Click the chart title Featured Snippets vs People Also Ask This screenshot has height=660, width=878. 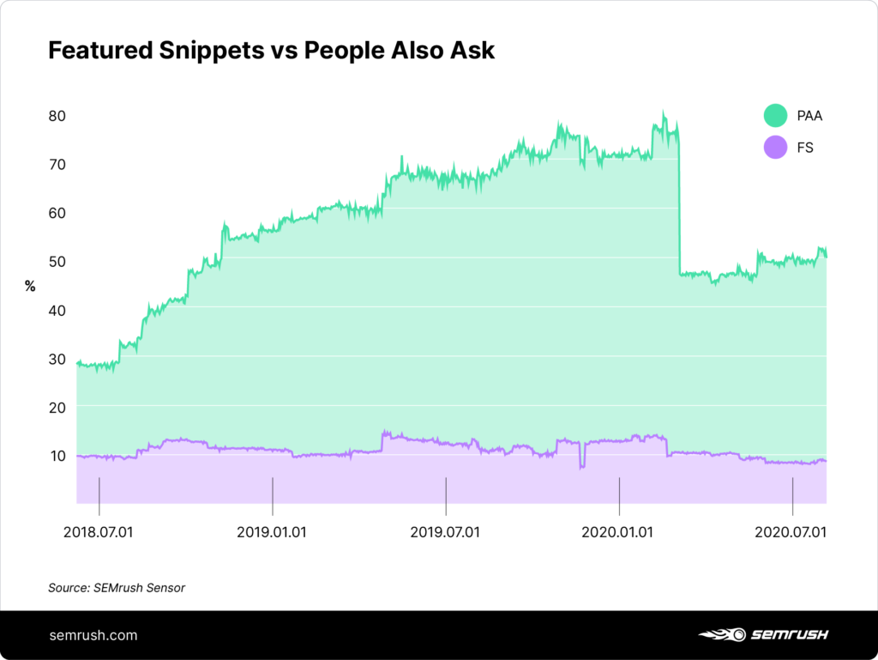click(271, 50)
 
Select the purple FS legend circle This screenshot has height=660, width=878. click(775, 148)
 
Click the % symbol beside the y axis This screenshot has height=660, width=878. click(30, 287)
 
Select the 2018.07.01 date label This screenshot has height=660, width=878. click(99, 532)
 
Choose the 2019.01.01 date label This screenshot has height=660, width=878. click(272, 532)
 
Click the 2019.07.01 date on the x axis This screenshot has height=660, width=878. click(445, 532)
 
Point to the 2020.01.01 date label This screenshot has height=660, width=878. click(618, 532)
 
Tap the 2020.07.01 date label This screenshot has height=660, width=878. click(791, 532)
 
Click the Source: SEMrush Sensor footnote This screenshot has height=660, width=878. click(117, 588)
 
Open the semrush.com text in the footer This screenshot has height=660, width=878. click(93, 636)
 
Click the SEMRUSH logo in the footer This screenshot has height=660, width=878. click(763, 635)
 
